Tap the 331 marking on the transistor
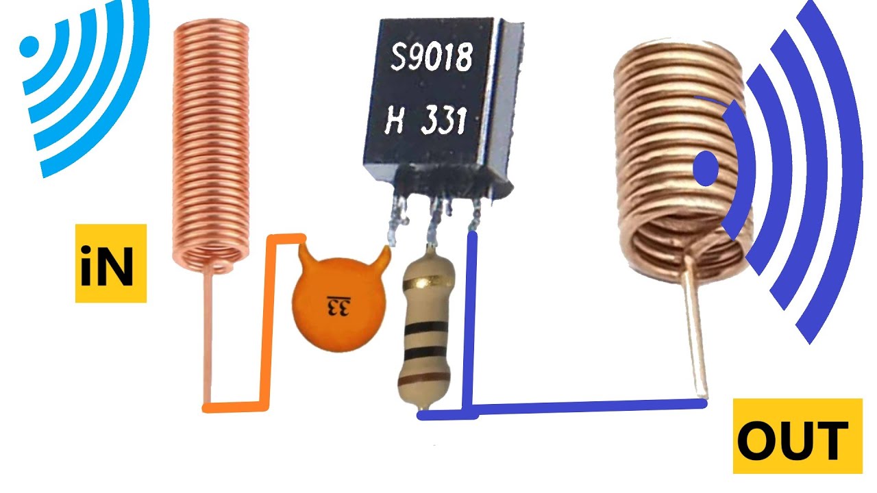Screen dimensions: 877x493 [x=444, y=120]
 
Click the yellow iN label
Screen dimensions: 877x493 [x=111, y=264]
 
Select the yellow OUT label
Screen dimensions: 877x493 [x=798, y=436]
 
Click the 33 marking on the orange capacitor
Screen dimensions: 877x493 [x=339, y=307]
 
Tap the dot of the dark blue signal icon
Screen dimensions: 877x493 [x=706, y=168]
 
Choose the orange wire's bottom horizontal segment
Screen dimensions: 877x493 [x=235, y=407]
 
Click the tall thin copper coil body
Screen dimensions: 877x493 [x=211, y=144]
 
